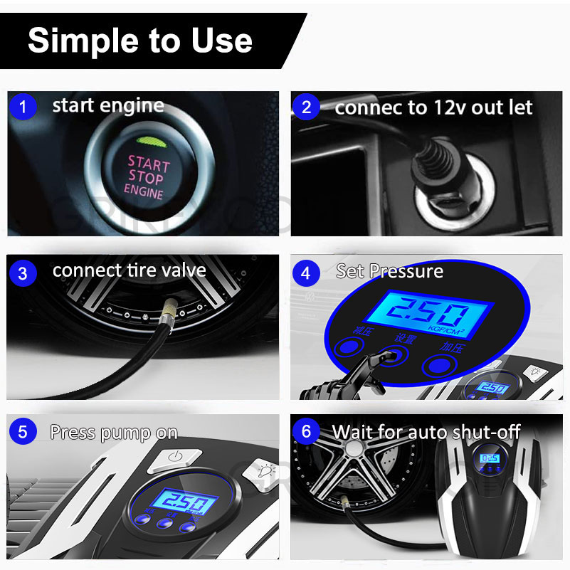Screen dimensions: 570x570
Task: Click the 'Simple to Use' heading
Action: coord(140,41)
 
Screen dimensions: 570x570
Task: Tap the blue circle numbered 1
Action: coord(23,107)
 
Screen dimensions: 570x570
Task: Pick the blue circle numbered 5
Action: coord(23,431)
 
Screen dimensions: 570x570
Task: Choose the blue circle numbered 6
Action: coord(307,431)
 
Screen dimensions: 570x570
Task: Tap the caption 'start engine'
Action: coord(107,106)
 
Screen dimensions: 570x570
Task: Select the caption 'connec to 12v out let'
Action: coord(433,107)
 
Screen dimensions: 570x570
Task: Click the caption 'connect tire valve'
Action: coord(129,270)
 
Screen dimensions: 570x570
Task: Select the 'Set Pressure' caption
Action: coord(389,271)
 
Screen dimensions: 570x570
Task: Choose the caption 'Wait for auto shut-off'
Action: coord(426,431)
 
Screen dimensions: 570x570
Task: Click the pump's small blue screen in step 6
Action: coord(489,460)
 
